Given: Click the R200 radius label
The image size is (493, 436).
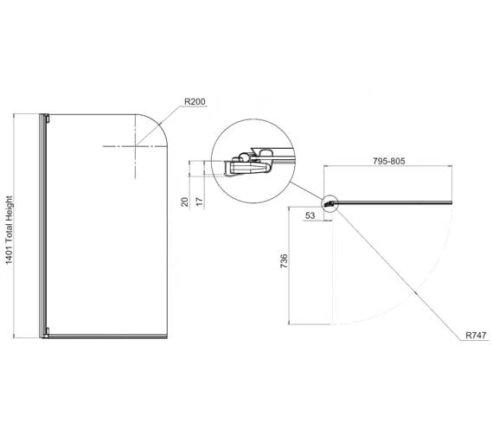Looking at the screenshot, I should [x=195, y=102].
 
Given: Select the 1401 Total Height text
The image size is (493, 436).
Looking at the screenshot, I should [x=10, y=228].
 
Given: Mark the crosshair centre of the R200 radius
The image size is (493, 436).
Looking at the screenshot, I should [x=137, y=147].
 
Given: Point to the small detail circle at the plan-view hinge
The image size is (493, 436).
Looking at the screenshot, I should [x=330, y=205].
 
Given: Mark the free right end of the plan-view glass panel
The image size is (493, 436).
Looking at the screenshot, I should [x=450, y=204].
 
